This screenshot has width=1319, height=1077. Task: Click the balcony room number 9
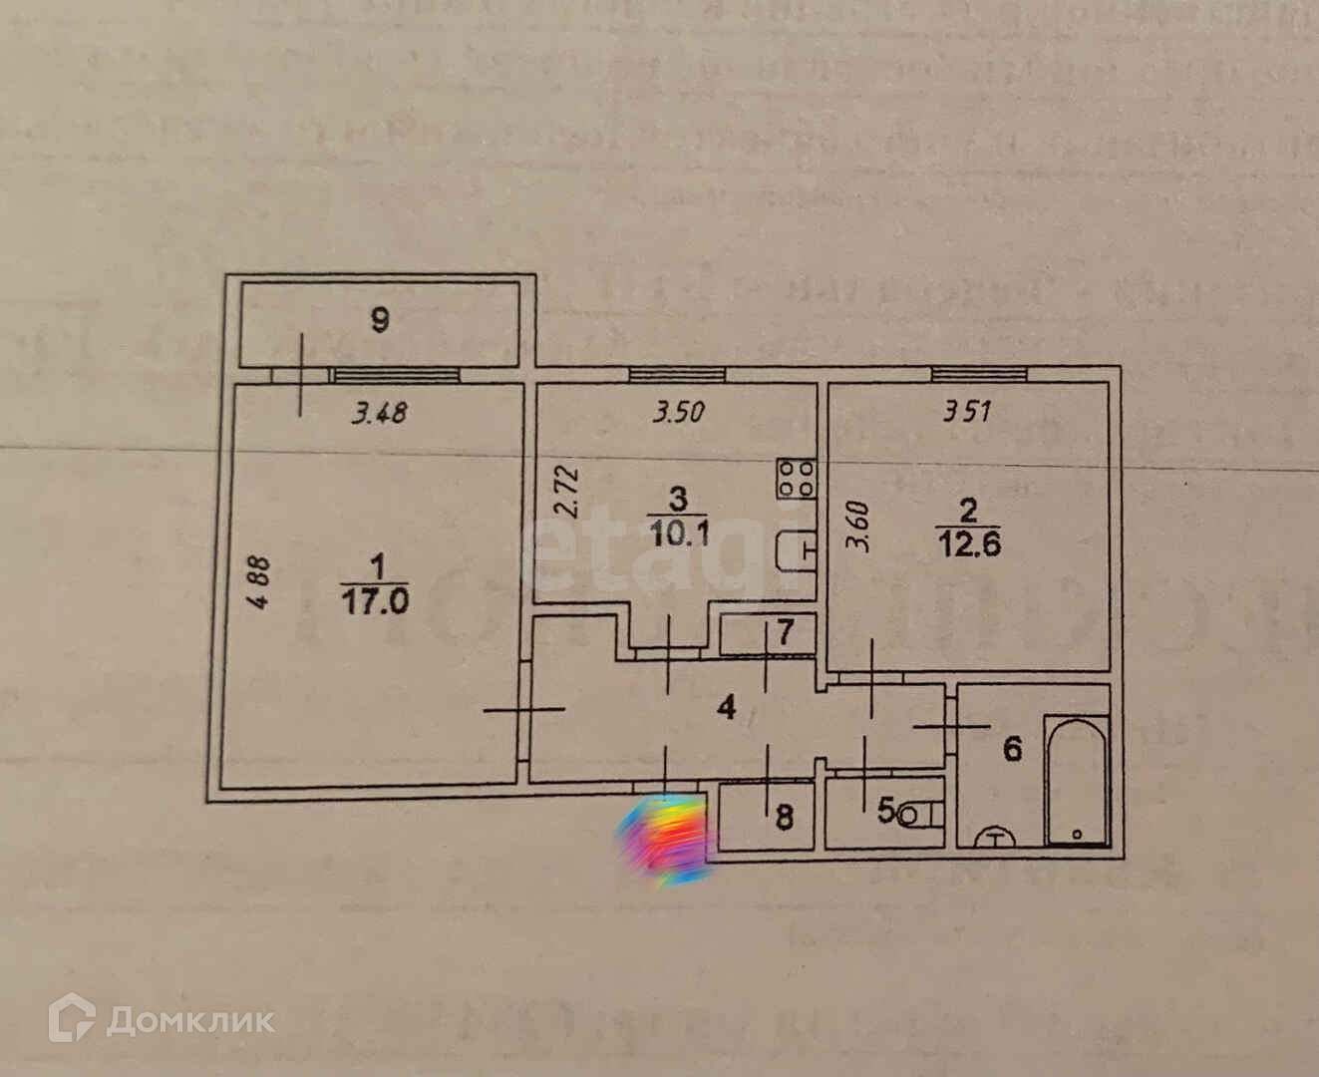pos(379,321)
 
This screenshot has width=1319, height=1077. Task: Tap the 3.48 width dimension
pos(379,412)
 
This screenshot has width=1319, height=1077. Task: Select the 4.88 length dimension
pos(258,582)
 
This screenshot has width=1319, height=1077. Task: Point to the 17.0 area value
pos(375,601)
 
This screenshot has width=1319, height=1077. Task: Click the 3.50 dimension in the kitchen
pos(679,412)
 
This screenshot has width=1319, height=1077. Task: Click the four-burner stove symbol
pos(798,478)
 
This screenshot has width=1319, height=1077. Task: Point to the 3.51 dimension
pos(967,411)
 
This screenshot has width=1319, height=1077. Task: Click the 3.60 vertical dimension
pos(858,528)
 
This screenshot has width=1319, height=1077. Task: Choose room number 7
pos(785,632)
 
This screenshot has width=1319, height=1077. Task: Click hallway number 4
pos(727,708)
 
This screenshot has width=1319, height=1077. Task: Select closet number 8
pos(784,818)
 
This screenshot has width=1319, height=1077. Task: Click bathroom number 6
pos(1012,748)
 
